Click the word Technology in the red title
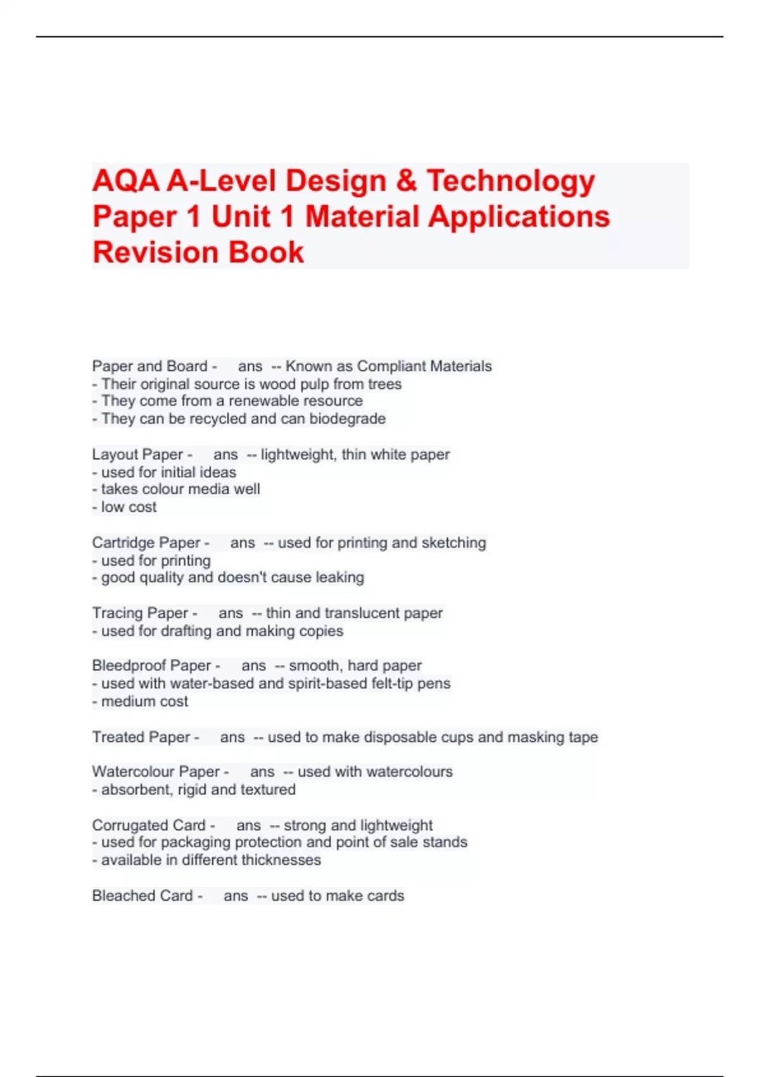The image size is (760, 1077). (x=510, y=181)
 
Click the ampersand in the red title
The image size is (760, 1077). (x=406, y=181)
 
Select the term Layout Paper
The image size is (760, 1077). (x=137, y=454)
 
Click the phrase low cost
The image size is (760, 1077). (x=129, y=507)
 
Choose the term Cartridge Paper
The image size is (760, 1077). (x=146, y=543)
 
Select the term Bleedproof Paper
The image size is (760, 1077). (x=151, y=666)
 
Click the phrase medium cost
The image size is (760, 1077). (x=144, y=701)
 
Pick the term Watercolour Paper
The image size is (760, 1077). (x=156, y=772)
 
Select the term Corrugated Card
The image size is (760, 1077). (x=149, y=825)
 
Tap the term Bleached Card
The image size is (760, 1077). (x=142, y=896)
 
